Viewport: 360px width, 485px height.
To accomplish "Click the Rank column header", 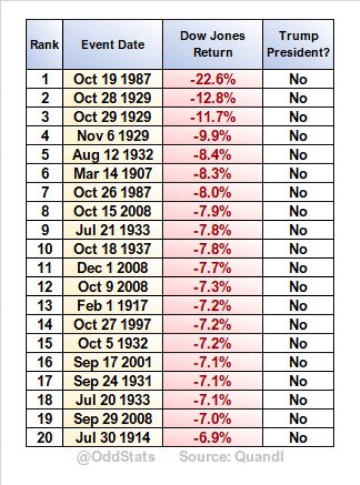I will point(44,44).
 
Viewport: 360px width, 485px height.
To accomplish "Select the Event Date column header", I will point(112,44).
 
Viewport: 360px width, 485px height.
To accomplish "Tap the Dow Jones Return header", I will point(213,44).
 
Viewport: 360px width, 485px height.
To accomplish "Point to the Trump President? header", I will point(298,44).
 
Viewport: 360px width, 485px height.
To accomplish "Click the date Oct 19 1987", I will point(112,79).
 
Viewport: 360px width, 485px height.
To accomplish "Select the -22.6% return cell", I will point(213,79).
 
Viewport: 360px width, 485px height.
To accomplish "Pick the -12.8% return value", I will point(213,98).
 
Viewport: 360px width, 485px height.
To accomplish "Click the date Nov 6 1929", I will point(112,136).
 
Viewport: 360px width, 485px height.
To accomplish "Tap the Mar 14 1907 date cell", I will point(112,174).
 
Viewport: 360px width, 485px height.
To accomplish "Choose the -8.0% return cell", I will point(213,192).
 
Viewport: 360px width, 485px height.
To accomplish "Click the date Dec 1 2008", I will point(112,268).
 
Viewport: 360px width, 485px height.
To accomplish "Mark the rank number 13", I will point(44,306).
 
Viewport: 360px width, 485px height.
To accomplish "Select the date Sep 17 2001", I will point(112,362).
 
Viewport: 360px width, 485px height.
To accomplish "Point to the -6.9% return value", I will point(213,438).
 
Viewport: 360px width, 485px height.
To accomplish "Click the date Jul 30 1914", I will point(112,438).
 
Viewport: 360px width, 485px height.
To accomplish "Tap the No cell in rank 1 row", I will point(298,79).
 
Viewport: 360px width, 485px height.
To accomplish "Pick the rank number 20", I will point(44,438).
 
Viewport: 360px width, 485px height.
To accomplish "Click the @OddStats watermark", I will point(116,457).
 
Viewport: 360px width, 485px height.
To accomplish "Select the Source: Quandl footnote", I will point(231,457).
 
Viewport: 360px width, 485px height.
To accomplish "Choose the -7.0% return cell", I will point(213,419).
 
